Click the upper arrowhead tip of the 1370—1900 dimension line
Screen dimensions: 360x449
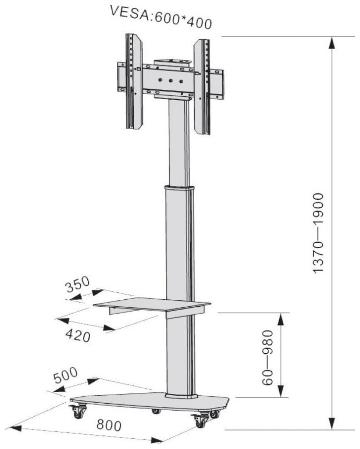pyautogui.click(x=331, y=37)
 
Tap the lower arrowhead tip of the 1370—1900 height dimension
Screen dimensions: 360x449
pyautogui.click(x=331, y=429)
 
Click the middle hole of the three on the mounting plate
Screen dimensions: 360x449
pyautogui.click(x=171, y=81)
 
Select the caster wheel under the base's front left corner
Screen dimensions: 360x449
pyautogui.click(x=78, y=412)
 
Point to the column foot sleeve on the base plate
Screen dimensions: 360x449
pyautogui.click(x=181, y=396)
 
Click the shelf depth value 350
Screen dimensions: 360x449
pyautogui.click(x=78, y=284)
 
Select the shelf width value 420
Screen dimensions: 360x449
pyautogui.click(x=78, y=335)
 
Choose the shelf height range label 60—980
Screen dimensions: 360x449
pyautogui.click(x=268, y=357)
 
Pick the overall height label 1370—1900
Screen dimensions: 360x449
pyautogui.click(x=318, y=233)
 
